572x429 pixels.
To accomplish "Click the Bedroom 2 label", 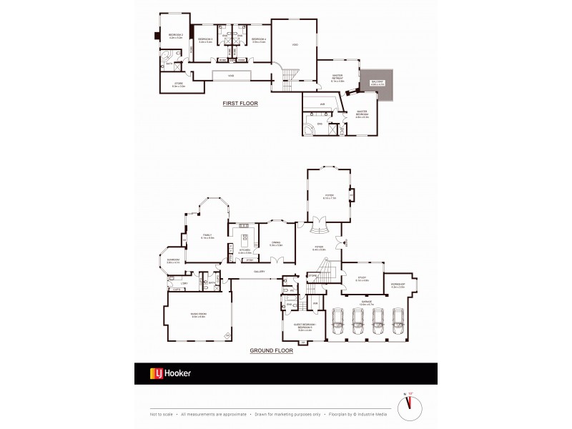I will coord(176,36).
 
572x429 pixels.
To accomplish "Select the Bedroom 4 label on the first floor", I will coord(258,40).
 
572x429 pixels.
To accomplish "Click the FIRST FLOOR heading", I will coord(240,104).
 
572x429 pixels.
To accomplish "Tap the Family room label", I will coord(207,236).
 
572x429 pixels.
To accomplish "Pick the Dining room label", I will coord(276,244).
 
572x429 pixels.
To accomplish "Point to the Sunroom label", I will coord(173,262).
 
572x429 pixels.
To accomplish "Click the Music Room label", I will coord(198,317).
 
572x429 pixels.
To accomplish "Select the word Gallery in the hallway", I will coord(260,272).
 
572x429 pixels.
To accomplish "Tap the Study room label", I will coord(361,280).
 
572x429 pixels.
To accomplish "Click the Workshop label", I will coord(398,286).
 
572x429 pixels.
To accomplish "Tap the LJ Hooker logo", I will coord(169,373).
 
